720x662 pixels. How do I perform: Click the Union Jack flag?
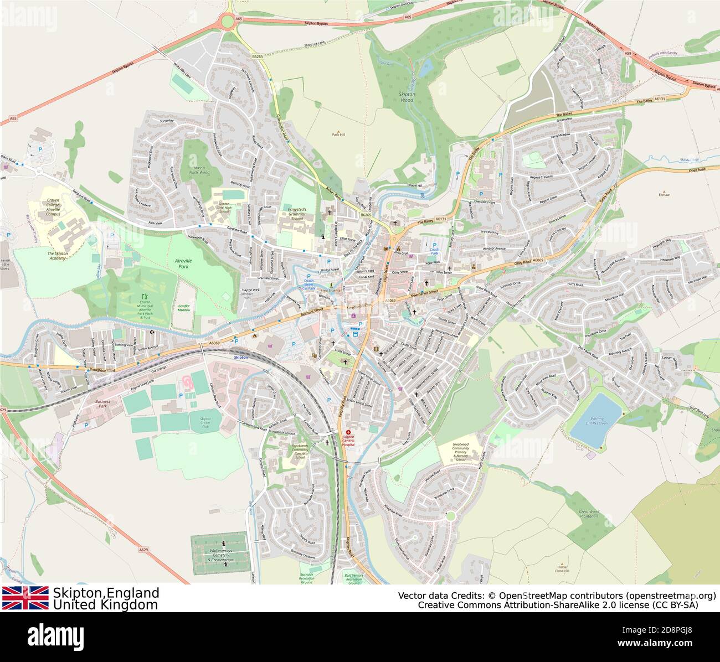[x=25, y=598]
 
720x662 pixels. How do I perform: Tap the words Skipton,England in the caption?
[x=106, y=593]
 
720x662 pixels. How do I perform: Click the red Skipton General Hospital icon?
[x=348, y=432]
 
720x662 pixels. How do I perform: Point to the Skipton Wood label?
[x=406, y=97]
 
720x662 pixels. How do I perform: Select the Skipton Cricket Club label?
[x=205, y=422]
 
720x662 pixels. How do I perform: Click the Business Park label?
[x=102, y=404]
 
